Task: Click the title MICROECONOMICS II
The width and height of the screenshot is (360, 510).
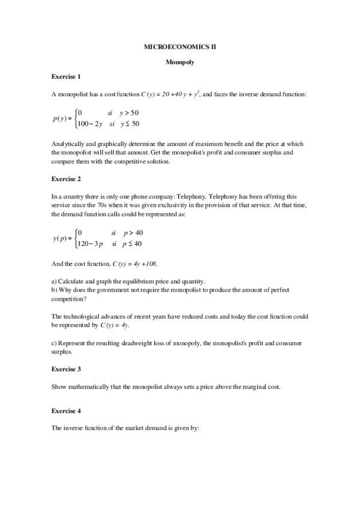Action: (x=180, y=46)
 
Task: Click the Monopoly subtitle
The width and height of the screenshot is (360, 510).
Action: (x=180, y=61)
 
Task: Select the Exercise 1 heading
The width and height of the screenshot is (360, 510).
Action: (x=66, y=77)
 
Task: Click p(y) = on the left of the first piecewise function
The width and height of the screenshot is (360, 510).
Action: (x=62, y=118)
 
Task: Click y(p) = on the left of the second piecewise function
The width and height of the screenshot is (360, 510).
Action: (x=62, y=238)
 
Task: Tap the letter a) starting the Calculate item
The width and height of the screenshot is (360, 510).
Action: (x=54, y=281)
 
